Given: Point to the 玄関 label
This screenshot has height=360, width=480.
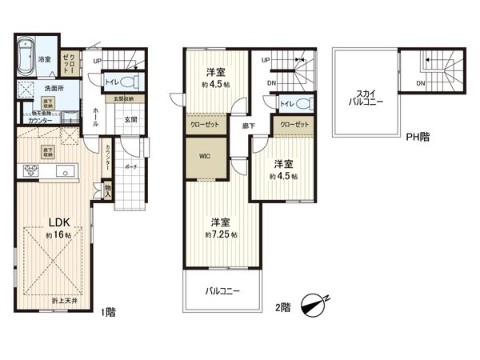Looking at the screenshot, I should point(130,119).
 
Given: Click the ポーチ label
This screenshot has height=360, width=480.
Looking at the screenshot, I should point(130,168).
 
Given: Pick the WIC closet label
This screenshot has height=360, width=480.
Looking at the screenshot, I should point(205,158).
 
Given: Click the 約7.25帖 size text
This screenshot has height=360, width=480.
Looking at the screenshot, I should point(222,234).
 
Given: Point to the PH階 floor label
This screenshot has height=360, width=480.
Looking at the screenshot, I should point(418,137).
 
